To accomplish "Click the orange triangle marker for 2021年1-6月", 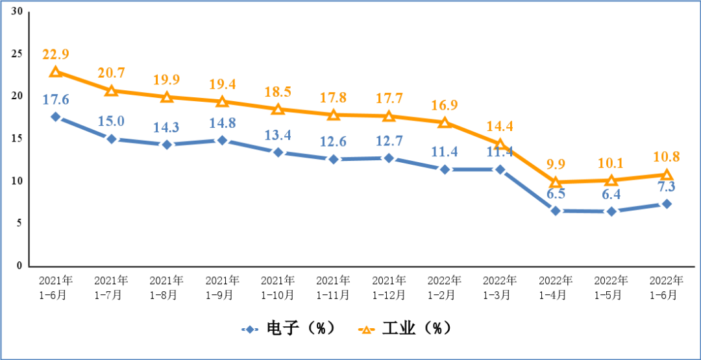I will (56, 72).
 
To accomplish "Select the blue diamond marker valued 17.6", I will (56, 117).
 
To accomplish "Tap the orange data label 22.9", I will (56, 54).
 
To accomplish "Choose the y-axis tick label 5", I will (19, 223).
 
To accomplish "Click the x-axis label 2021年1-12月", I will (389, 287).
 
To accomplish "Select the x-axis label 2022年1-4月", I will (556, 287).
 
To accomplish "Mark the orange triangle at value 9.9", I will (556, 182).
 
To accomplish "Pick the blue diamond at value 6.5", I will (556, 211).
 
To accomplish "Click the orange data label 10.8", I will (666, 157).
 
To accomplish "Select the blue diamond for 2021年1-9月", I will (222, 140).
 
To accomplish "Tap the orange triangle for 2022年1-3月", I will (500, 144).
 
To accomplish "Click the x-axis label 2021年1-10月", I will (278, 287).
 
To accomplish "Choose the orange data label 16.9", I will (444, 105).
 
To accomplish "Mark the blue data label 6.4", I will (611, 194).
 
